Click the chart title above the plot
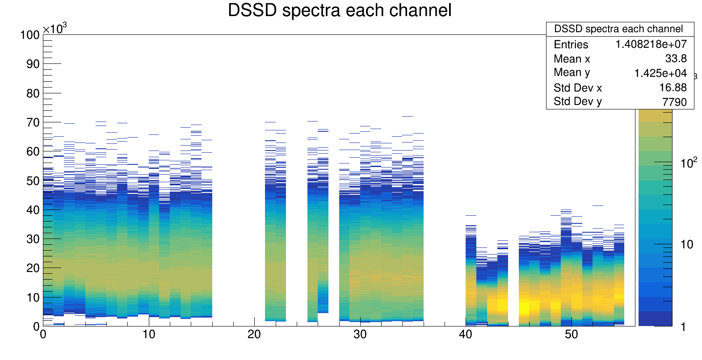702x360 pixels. pos(340,10)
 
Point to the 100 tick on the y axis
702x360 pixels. pos(29,35)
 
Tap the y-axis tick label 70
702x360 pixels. pos(33,122)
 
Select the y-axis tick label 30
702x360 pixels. pos(33,239)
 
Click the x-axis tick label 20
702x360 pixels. pos(254,335)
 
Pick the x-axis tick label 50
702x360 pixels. pos(571,335)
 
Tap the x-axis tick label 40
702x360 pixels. pos(466,335)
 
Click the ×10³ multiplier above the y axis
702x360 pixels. pos(55,29)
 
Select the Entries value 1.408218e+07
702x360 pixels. pos(651,44)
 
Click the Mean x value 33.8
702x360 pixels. pos(676,59)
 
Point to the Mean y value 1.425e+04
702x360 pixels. pos(660,73)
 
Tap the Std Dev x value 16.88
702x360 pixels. pos(673,88)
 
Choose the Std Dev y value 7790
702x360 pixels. pos(674,102)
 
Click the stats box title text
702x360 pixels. pos(618,29)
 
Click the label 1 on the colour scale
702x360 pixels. pos(683,327)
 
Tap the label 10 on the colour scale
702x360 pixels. pos(687,244)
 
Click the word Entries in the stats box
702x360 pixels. pos(571,44)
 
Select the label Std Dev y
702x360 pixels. pos(577,101)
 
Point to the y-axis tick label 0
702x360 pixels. pos(36,327)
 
